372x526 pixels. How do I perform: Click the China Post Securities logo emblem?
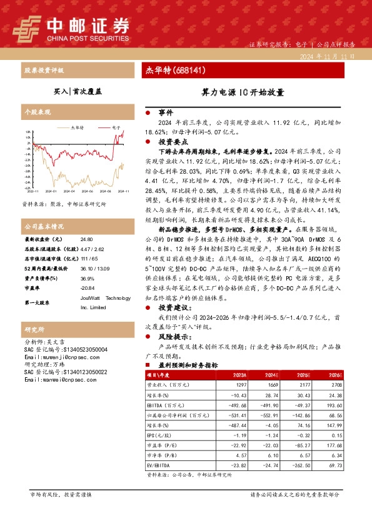27,26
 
